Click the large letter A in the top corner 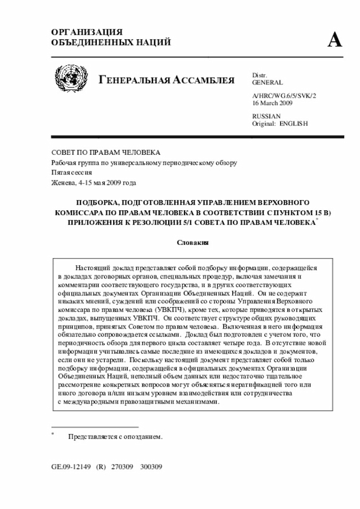pos(335,40)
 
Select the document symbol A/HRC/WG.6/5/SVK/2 pos(284,96)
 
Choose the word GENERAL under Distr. pos(268,82)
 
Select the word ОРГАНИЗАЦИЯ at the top pos(87,32)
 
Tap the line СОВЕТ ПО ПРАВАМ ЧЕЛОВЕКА pos(106,152)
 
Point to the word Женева pos(62,183)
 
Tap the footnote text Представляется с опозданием pos(115,436)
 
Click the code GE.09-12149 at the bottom pos(70,467)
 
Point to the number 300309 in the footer pos(151,467)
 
